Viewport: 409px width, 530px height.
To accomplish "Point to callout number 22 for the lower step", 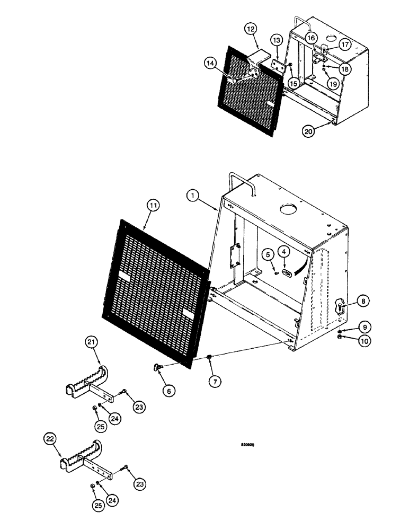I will (x=51, y=438).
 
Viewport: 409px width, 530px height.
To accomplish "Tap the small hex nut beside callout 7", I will (x=210, y=359).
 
